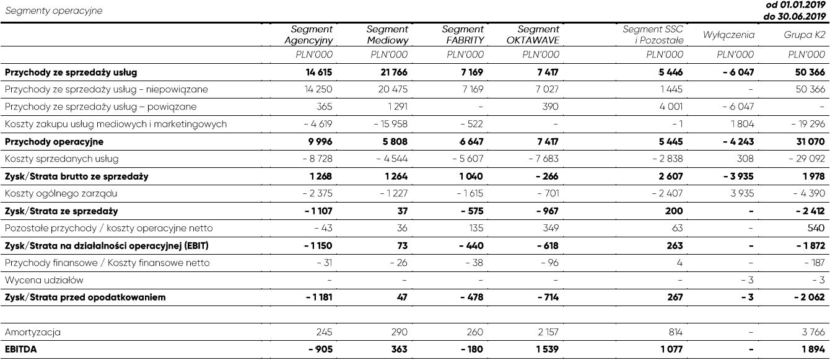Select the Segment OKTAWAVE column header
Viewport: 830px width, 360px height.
tap(533, 35)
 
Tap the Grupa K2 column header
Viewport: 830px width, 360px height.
tap(804, 35)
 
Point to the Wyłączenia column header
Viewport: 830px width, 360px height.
tap(728, 35)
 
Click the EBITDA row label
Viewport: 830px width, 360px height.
tap(21, 349)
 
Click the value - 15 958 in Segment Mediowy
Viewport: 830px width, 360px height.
tap(390, 124)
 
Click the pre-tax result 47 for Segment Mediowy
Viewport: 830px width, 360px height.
tap(403, 297)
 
